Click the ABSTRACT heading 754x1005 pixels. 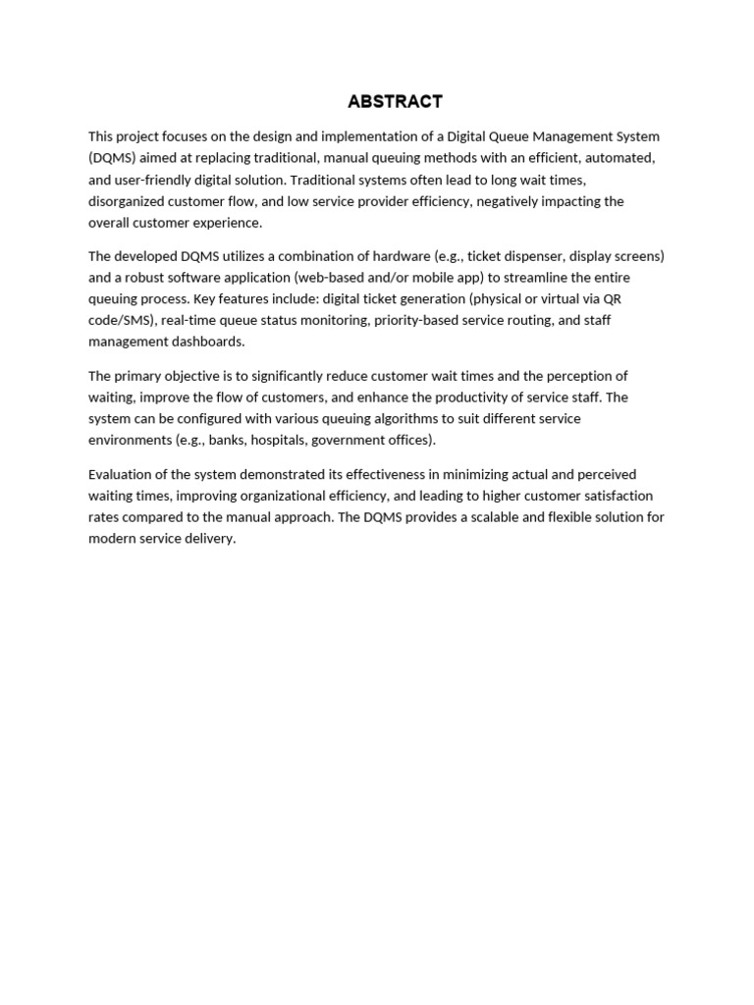(395, 101)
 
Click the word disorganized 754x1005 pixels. (129, 201)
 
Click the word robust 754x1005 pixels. (147, 278)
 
